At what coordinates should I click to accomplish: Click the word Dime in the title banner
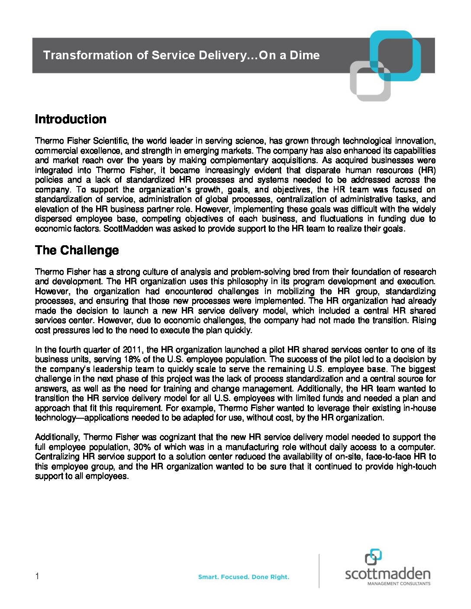[305, 55]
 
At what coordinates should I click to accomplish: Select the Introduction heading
[71, 119]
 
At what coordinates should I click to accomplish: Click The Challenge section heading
[77, 250]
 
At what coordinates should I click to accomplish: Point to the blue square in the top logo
[395, 55]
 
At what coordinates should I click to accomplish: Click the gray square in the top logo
[370, 81]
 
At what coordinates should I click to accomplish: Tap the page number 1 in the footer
[37, 576]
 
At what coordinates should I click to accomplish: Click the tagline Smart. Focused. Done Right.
[243, 577]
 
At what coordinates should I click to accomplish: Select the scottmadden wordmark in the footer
[387, 574]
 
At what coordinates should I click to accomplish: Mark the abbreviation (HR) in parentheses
[426, 170]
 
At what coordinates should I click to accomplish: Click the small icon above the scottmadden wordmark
[373, 557]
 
